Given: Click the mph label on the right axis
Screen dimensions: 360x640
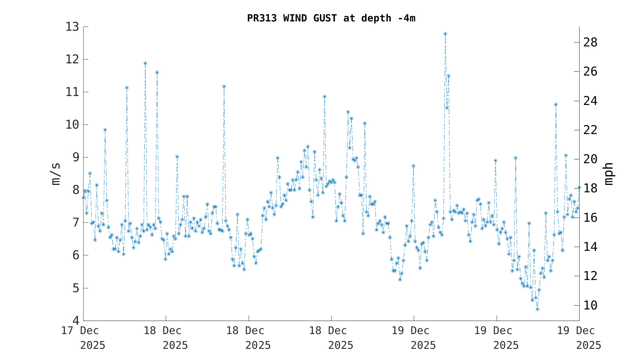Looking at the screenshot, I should coord(609,174).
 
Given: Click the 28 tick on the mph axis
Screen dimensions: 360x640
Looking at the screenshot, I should coord(590,42).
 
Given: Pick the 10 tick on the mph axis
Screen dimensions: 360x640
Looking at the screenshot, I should coord(590,305).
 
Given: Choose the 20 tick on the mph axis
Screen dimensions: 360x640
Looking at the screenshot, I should coord(590,159).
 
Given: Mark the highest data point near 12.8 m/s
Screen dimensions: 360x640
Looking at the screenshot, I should coord(445,34).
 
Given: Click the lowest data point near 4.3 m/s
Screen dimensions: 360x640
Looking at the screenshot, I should coord(537,309).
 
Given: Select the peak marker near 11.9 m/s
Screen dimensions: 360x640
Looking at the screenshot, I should coord(145,63).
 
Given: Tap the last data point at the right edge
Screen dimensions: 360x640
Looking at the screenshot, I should coord(579,188).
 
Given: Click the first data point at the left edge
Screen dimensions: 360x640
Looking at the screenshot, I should coord(84,198).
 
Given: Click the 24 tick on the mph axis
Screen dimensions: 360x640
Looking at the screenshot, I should coord(590,101).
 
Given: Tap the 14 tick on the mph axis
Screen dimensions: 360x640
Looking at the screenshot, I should coord(590,247).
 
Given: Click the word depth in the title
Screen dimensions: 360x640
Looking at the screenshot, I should coord(376,18).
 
